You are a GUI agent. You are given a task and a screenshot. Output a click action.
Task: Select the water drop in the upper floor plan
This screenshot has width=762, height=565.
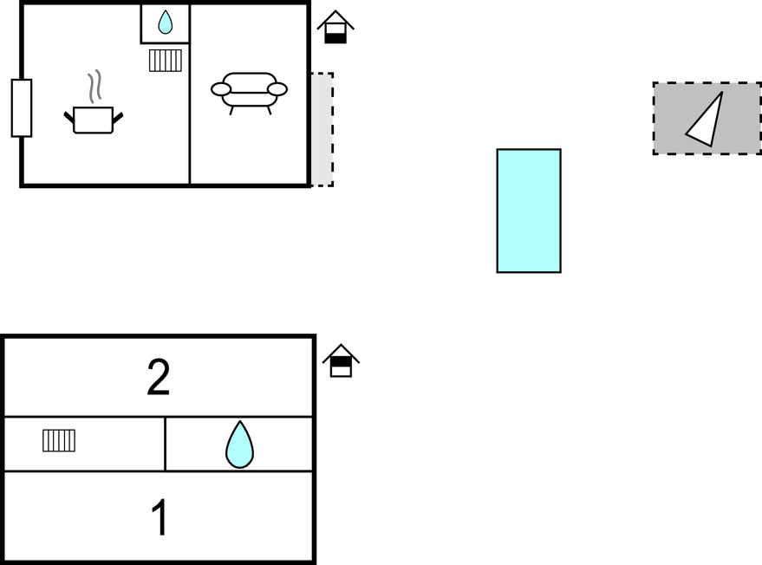(x=165, y=23)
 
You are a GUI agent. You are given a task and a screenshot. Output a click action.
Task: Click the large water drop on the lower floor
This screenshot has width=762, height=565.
(x=239, y=445)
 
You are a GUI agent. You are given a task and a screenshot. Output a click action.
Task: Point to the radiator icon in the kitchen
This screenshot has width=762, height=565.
(x=165, y=61)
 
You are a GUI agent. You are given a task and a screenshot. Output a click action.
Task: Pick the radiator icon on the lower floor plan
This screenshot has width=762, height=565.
(x=59, y=441)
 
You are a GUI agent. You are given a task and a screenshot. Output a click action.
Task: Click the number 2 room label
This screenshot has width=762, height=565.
(x=158, y=378)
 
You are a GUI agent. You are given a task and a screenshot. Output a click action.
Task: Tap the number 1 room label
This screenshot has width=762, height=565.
(x=159, y=518)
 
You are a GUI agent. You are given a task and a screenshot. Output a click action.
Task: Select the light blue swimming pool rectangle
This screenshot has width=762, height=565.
(x=528, y=211)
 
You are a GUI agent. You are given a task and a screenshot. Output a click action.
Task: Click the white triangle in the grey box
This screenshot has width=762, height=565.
(x=707, y=121)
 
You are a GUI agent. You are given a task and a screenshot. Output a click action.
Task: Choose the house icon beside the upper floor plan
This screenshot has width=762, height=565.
(x=335, y=28)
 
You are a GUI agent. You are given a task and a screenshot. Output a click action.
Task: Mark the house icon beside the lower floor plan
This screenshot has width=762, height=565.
(x=341, y=361)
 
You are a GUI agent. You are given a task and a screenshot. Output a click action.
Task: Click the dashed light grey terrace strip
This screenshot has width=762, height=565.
(x=322, y=129)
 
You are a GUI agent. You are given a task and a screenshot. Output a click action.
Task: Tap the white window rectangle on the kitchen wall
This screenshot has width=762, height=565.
(x=22, y=108)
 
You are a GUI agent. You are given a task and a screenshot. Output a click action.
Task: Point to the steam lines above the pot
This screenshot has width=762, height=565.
(x=96, y=87)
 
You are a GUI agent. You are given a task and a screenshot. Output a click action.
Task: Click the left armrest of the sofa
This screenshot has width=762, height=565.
(x=221, y=88)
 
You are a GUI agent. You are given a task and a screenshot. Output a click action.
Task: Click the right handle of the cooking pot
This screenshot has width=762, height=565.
(x=118, y=115)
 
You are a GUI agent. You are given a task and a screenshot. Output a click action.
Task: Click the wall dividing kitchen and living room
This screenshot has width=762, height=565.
(x=190, y=130)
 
